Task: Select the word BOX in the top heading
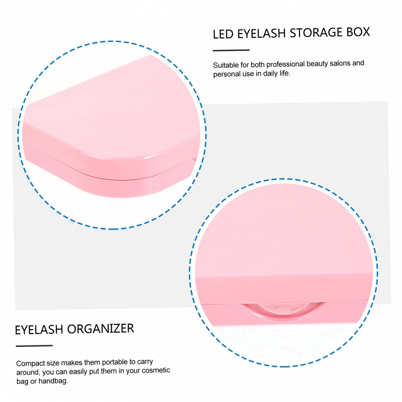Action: [358, 32]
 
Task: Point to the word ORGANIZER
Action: [100, 329]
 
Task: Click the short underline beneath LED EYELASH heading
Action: [231, 50]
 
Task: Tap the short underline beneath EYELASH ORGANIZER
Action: [34, 346]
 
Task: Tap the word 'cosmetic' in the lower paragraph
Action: [156, 370]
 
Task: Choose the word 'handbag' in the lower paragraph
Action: [53, 381]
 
